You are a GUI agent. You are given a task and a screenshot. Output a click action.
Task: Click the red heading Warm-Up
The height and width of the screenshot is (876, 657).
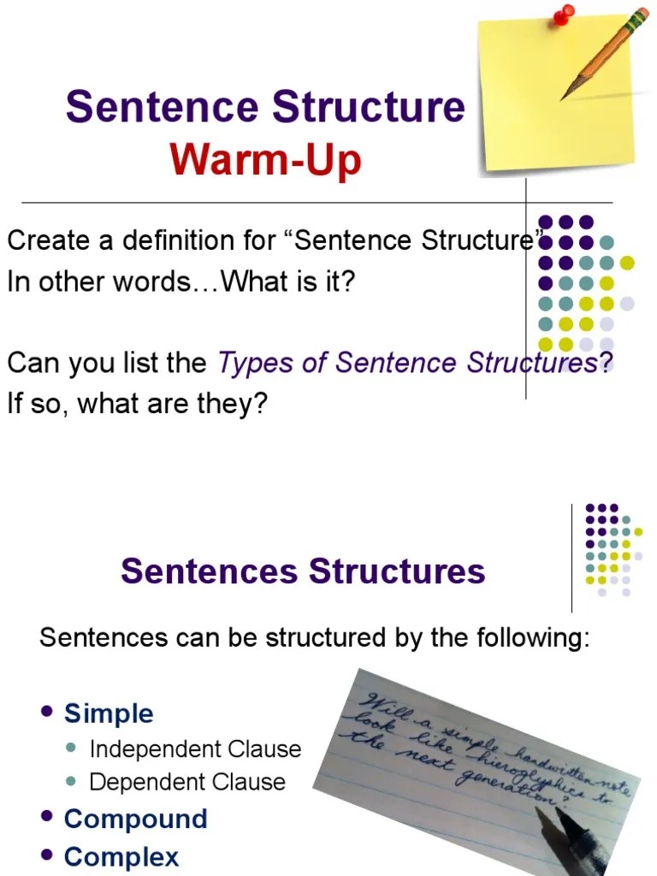(265, 160)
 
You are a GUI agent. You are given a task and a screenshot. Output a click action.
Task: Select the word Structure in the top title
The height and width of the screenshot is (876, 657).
(369, 108)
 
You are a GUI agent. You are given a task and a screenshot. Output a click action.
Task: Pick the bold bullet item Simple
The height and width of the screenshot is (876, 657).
(109, 713)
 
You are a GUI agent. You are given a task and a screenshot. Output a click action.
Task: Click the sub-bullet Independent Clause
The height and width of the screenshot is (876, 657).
(195, 749)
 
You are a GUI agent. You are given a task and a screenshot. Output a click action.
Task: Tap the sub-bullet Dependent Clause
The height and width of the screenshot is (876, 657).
(187, 782)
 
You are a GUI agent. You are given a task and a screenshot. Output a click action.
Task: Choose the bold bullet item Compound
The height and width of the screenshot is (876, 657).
(135, 819)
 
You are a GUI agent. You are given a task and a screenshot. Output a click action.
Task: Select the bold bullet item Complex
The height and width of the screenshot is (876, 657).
(121, 856)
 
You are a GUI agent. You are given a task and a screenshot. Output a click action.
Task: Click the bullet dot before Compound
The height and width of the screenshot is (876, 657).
(48, 817)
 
